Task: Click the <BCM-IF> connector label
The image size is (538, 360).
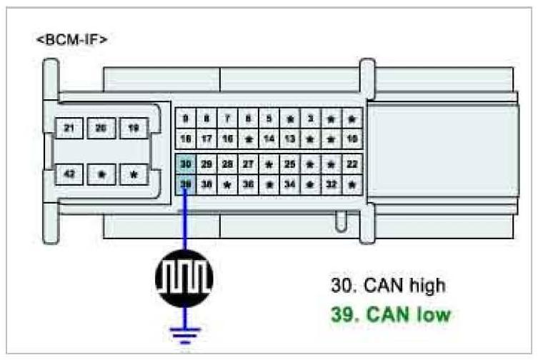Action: (72, 40)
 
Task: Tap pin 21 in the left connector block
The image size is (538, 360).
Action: (69, 128)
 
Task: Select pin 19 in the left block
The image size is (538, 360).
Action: (134, 128)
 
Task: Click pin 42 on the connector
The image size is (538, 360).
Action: (69, 174)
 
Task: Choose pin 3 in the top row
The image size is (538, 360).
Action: (310, 119)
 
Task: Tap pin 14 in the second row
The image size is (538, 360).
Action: (269, 138)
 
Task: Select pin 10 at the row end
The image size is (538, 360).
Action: (352, 138)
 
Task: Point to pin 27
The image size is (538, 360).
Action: (248, 164)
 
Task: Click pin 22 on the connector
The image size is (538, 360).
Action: (352, 164)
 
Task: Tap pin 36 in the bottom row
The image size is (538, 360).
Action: (248, 184)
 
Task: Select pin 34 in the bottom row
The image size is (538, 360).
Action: (289, 184)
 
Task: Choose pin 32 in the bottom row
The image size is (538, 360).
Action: (331, 184)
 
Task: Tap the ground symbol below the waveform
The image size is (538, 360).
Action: (184, 331)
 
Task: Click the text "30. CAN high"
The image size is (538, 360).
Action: (388, 286)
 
